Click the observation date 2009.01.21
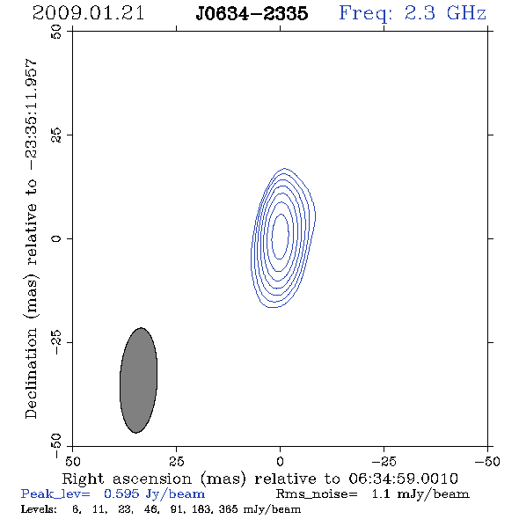pos(88,13)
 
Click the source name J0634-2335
pos(252,13)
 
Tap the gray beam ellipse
pos(138,380)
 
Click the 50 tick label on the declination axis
pos(56,32)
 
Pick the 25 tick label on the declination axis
pos(56,135)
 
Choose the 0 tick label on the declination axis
pos(56,238)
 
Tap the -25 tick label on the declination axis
pos(56,342)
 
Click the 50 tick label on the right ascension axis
pos(73,461)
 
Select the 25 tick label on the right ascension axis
pos(177,461)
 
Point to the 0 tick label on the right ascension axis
pos(281,461)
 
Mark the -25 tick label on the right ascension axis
pos(384,461)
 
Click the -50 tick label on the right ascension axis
pos(487,461)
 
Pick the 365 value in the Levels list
pos(228,508)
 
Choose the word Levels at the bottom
pos(39,508)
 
